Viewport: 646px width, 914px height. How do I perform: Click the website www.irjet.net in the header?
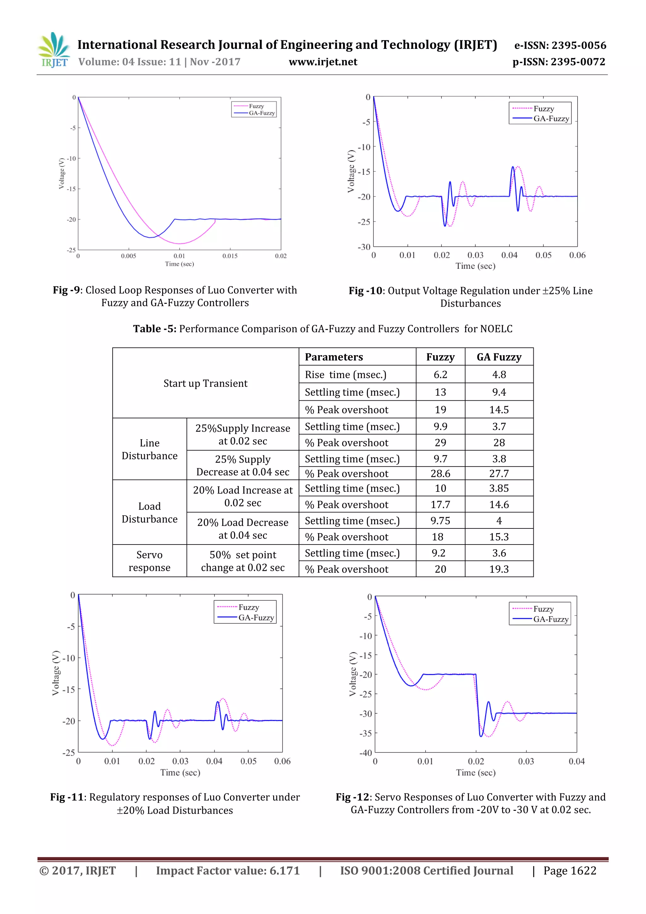pos(323,62)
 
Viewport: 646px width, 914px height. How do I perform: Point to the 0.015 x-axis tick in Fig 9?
pos(230,256)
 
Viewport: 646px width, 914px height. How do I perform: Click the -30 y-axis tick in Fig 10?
pos(364,247)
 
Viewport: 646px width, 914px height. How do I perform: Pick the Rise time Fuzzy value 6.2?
pos(440,374)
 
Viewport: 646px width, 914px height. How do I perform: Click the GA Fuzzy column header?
pos(499,357)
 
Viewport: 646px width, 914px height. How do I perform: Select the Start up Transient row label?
pos(205,383)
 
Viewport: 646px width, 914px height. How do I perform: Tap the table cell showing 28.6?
pos(440,473)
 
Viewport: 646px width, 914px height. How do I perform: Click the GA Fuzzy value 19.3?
pos(499,569)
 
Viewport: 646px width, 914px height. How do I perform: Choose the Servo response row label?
pos(149,561)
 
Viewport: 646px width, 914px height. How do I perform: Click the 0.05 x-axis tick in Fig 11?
pos(248,761)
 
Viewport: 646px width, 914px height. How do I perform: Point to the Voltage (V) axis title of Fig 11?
pos(56,673)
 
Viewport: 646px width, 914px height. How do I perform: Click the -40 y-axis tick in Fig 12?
pos(365,753)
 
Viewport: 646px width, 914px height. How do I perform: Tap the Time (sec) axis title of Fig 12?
pos(476,773)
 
